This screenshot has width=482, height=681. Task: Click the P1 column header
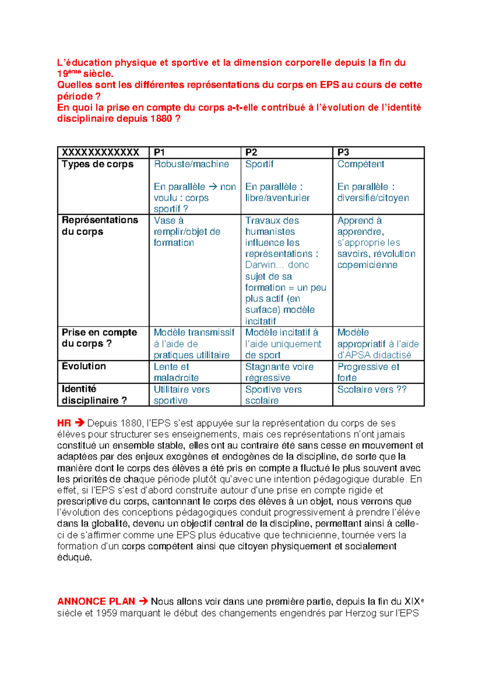point(159,152)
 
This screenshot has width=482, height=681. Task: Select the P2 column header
point(251,152)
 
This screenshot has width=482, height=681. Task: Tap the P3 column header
point(343,152)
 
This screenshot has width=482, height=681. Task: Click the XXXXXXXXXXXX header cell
point(100,152)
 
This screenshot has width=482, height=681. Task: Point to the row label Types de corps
point(98,164)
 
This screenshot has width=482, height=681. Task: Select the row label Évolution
point(84,366)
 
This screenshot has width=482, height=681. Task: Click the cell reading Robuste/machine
point(191,164)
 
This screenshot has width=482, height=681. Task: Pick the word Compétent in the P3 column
point(361,164)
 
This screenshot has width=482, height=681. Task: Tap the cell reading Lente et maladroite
point(176,372)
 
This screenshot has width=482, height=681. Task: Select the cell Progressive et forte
point(368,372)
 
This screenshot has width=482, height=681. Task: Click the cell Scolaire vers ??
point(372,389)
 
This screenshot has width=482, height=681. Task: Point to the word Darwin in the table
point(261,265)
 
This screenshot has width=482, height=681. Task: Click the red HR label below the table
point(64,423)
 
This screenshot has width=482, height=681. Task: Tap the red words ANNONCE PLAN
point(96,601)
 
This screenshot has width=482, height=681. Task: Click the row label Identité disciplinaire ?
point(94,395)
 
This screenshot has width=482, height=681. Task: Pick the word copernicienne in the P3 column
point(367,265)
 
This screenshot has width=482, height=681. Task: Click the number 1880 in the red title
point(161,119)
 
